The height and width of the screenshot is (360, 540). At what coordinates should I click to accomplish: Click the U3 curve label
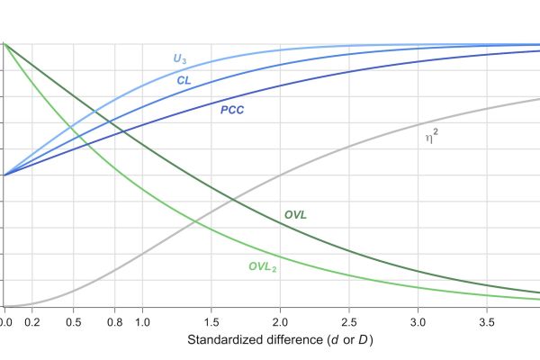pyautogui.click(x=180, y=59)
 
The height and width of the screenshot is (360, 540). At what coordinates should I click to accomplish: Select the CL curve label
pyautogui.click(x=184, y=80)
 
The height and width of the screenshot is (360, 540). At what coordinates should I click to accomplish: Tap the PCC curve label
pyautogui.click(x=232, y=111)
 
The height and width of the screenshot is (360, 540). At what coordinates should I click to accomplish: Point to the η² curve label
pyautogui.click(x=431, y=137)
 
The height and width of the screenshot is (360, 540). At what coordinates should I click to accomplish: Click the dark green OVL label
pyautogui.click(x=295, y=215)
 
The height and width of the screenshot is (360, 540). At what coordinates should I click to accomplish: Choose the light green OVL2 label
pyautogui.click(x=263, y=266)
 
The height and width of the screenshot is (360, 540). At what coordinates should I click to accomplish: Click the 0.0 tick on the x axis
pyautogui.click(x=4, y=321)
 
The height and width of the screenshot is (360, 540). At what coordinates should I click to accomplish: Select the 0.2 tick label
pyautogui.click(x=32, y=321)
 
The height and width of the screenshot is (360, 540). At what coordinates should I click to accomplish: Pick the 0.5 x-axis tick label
pyautogui.click(x=74, y=321)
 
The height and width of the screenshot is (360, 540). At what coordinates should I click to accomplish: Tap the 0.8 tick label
pyautogui.click(x=115, y=321)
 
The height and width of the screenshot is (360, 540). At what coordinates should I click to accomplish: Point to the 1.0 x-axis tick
pyautogui.click(x=142, y=321)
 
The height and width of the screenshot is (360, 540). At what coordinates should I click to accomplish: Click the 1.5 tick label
pyautogui.click(x=211, y=321)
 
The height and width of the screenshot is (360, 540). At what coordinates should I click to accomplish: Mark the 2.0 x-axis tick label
pyautogui.click(x=280, y=321)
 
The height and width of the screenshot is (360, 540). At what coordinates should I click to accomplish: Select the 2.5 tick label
pyautogui.click(x=349, y=321)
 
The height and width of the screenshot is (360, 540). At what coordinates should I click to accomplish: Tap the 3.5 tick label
pyautogui.click(x=487, y=321)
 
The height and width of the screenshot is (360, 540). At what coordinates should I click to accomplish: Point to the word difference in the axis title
pyautogui.click(x=295, y=340)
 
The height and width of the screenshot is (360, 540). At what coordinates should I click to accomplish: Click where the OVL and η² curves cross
pyautogui.click(x=232, y=199)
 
